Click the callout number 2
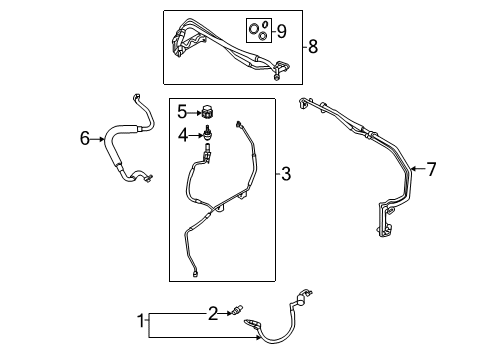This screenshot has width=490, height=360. (x=211, y=314)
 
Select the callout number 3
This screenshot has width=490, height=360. (x=286, y=176)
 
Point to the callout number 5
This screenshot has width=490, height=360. (x=182, y=110)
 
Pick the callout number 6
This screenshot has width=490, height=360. (x=85, y=139)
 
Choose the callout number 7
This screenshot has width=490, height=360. (x=431, y=169)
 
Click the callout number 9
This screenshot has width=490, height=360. (x=282, y=31)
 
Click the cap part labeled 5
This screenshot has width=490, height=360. (x=208, y=110)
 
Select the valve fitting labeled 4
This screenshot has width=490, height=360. (x=208, y=133)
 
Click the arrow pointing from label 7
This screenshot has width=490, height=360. (x=415, y=169)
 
